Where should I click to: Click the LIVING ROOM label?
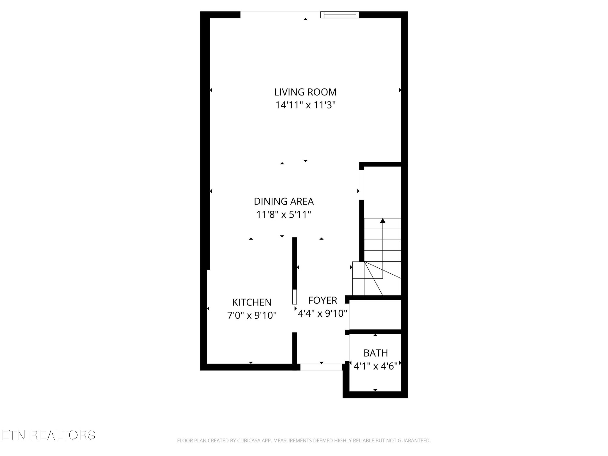[x=305, y=92]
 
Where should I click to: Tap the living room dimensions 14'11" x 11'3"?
[x=305, y=105]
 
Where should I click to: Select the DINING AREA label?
[x=284, y=201]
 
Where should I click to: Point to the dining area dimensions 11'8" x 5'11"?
[x=284, y=214]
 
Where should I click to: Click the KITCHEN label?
[x=252, y=302]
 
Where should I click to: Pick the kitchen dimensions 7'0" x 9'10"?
[x=252, y=315]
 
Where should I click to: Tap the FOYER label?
[x=322, y=300]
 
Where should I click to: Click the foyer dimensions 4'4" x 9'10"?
[x=322, y=313]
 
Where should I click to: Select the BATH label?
[x=376, y=353]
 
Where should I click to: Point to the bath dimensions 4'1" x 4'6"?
[x=376, y=366]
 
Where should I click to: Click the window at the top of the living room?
[x=340, y=15]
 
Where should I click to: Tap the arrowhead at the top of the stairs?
[x=383, y=221]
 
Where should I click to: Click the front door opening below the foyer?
[x=321, y=367]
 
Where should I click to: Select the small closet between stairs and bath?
[x=375, y=315]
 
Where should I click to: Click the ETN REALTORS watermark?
[x=48, y=435]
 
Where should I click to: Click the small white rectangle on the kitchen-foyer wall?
[x=294, y=297]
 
